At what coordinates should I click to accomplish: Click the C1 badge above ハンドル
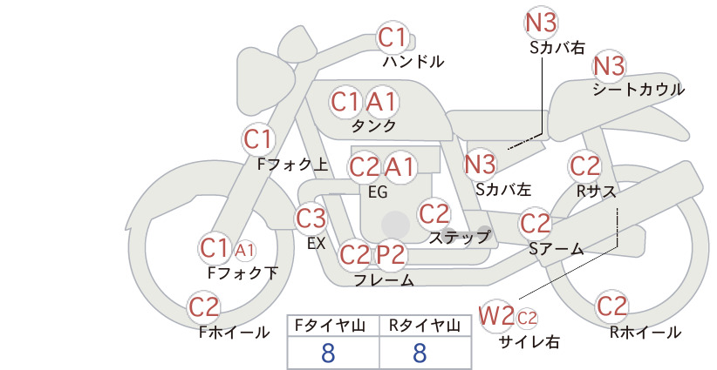[393, 37]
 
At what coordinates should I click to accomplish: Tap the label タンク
[373, 125]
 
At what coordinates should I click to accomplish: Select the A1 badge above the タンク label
[381, 102]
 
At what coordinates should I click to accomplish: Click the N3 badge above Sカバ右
[541, 23]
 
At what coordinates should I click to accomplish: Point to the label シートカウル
[638, 89]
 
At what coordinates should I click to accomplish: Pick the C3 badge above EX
[311, 219]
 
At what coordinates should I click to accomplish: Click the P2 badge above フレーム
[391, 254]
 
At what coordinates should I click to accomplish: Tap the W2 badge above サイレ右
[496, 315]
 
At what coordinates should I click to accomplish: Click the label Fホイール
[234, 333]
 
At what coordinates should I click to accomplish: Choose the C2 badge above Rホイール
[611, 306]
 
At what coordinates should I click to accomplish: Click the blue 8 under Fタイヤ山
[328, 353]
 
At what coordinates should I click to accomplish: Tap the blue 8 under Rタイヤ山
[420, 353]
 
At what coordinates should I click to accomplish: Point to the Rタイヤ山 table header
[425, 326]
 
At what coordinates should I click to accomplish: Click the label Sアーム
[557, 249]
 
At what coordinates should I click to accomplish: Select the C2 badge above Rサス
[584, 166]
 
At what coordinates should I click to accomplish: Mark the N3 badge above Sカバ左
[480, 165]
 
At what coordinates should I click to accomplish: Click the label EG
[378, 192]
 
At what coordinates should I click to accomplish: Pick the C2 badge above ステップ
[434, 213]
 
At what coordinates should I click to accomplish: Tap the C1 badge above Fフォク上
[258, 139]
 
